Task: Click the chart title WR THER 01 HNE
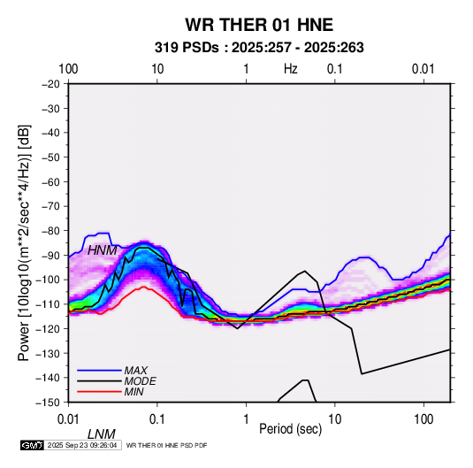coord(259,25)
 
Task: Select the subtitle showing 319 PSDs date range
coord(259,48)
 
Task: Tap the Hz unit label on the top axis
coord(291,69)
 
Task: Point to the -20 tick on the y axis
coord(50,84)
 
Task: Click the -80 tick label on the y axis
coord(50,231)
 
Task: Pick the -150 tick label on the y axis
coord(49,402)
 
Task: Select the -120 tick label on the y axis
coord(49,328)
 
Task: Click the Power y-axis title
coord(24,242)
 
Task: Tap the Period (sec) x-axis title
coord(291,429)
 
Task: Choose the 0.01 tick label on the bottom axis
coord(68,419)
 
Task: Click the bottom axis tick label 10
coord(334,419)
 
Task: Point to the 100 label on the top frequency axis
coord(68,69)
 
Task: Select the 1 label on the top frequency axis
coord(246,69)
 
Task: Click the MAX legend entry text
coord(136,371)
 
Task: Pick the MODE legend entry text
coord(141,381)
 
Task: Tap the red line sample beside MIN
coord(99,392)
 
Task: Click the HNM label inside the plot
coord(102,250)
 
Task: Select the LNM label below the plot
coord(102,434)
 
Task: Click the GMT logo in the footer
coord(33,445)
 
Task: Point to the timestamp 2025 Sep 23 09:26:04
coord(82,445)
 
